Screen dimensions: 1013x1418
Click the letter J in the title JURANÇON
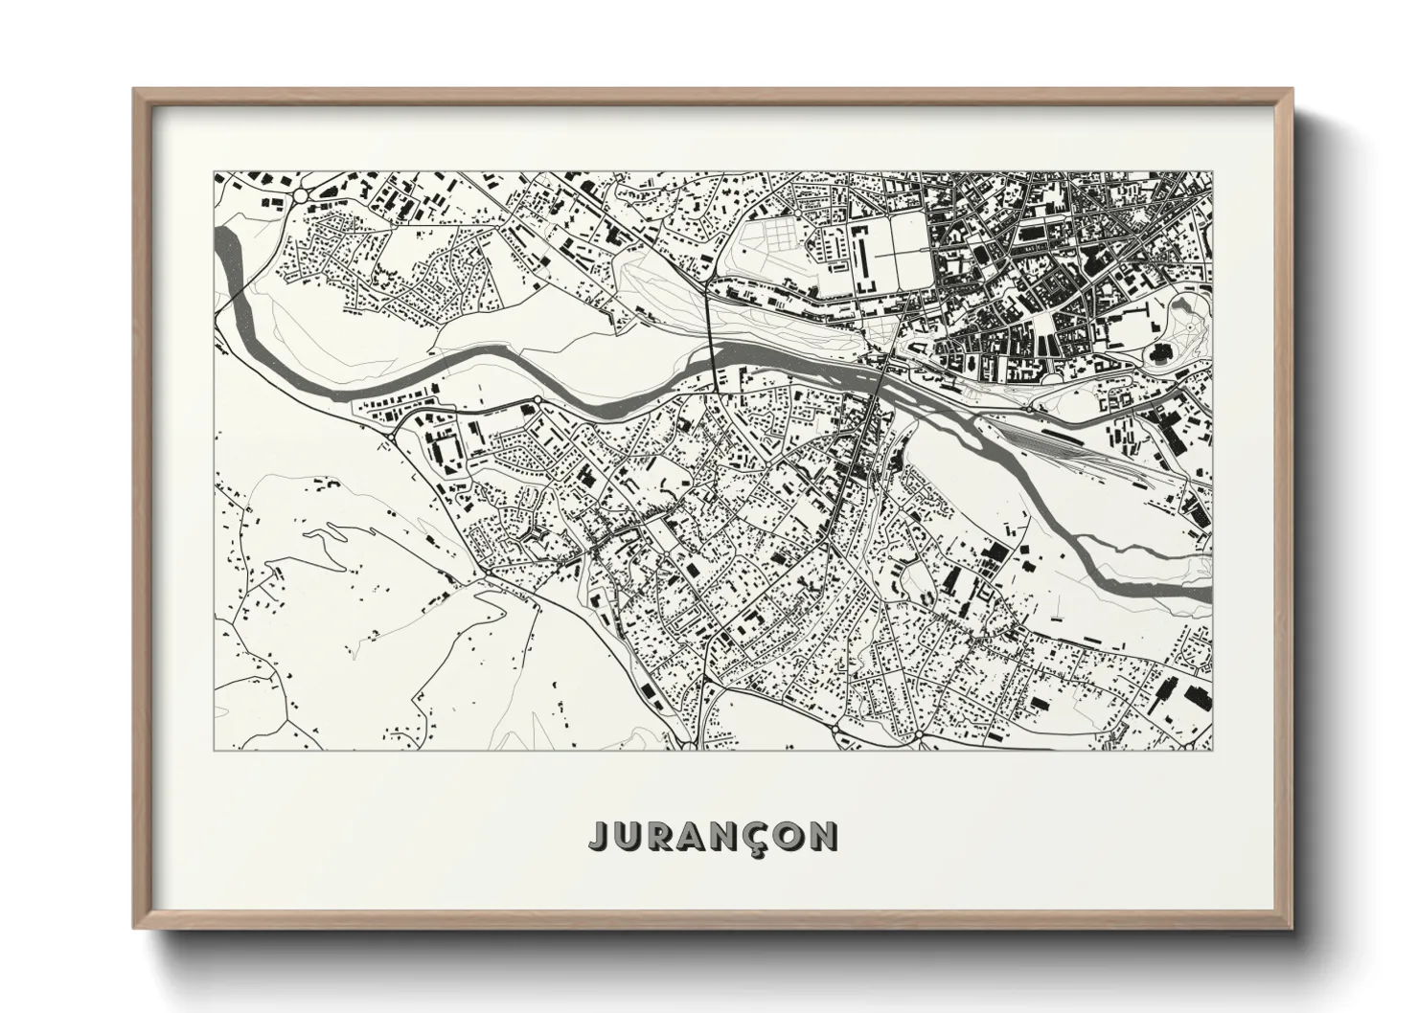pos(598,836)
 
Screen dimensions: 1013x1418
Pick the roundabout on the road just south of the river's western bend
pos(537,399)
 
